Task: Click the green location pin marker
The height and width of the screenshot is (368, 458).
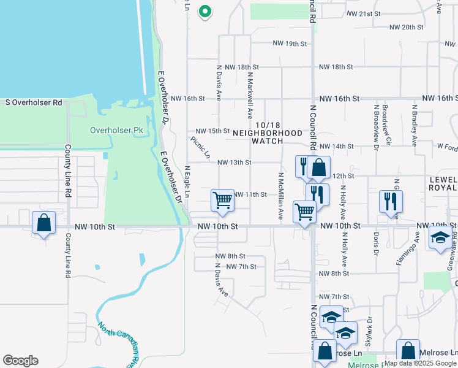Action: click(x=205, y=11)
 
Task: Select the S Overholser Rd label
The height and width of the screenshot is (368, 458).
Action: click(x=34, y=102)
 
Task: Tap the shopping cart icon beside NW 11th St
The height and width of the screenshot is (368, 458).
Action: click(x=222, y=201)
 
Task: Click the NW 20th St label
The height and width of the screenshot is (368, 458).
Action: click(x=407, y=28)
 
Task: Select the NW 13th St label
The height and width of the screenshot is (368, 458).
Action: click(x=234, y=163)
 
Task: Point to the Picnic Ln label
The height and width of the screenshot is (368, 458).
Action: click(x=200, y=147)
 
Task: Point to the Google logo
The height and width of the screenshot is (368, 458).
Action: click(x=20, y=361)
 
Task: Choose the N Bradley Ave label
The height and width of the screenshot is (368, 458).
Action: click(x=415, y=126)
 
